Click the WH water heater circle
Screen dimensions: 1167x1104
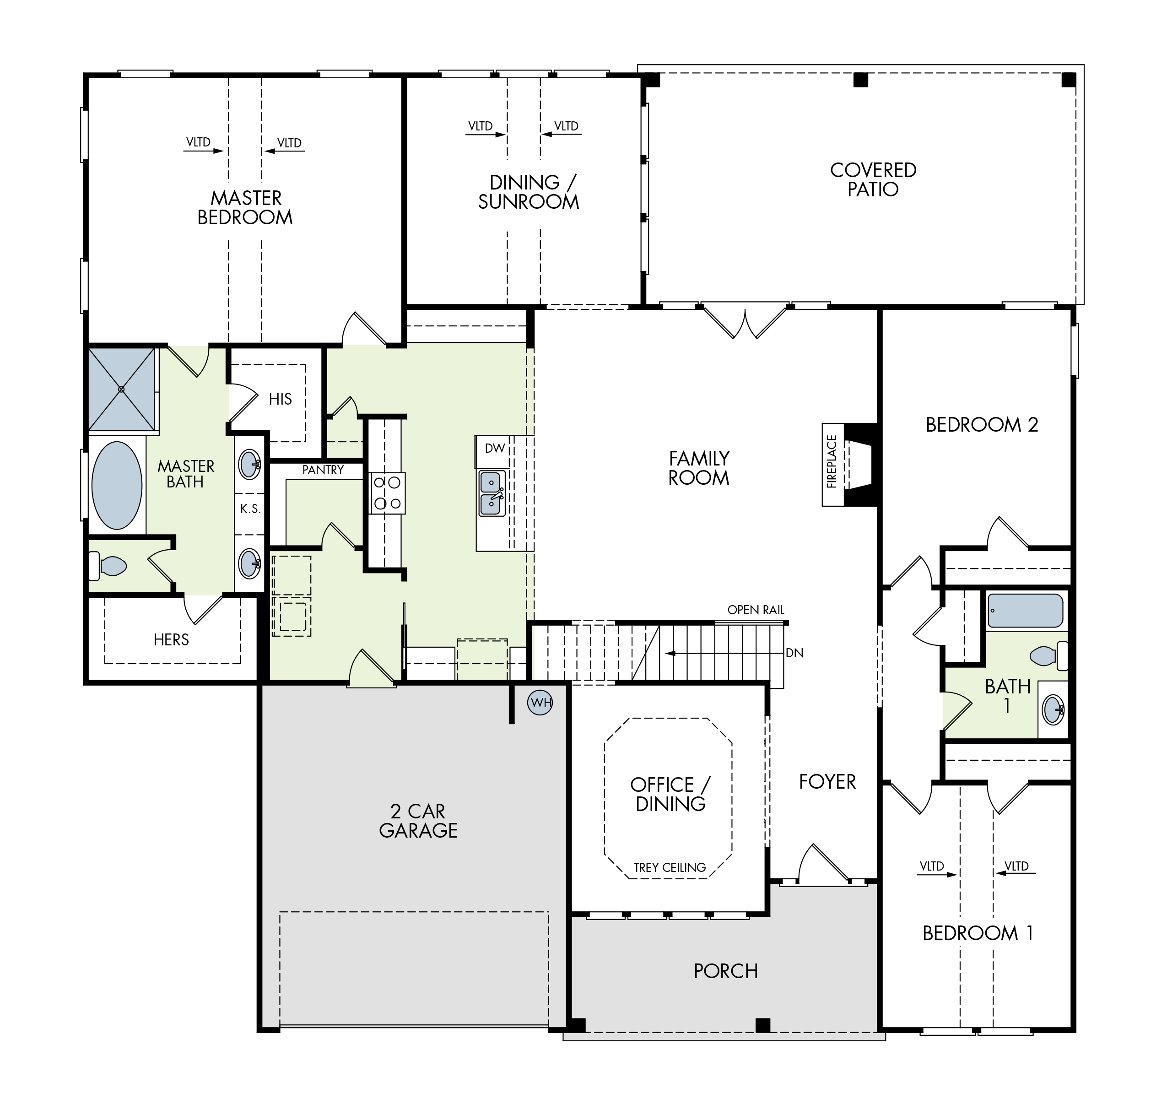click(540, 703)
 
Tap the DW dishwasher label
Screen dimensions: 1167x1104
click(495, 449)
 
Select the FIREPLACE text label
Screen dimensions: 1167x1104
click(832, 462)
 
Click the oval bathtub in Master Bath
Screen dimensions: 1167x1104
click(117, 486)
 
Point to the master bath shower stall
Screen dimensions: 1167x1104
click(122, 389)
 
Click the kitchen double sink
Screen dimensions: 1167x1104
click(492, 493)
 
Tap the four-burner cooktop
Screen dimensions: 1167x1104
click(387, 493)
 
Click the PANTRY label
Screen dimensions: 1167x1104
click(323, 470)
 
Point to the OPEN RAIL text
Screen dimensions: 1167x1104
click(756, 610)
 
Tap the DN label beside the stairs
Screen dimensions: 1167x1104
click(794, 653)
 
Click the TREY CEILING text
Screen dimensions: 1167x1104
click(670, 867)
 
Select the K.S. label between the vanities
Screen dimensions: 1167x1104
click(250, 509)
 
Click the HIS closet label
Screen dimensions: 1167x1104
click(280, 399)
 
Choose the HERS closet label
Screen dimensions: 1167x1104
click(171, 640)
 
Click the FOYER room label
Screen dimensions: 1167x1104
click(827, 781)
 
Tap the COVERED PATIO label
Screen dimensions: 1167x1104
click(873, 179)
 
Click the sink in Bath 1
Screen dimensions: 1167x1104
click(1054, 710)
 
